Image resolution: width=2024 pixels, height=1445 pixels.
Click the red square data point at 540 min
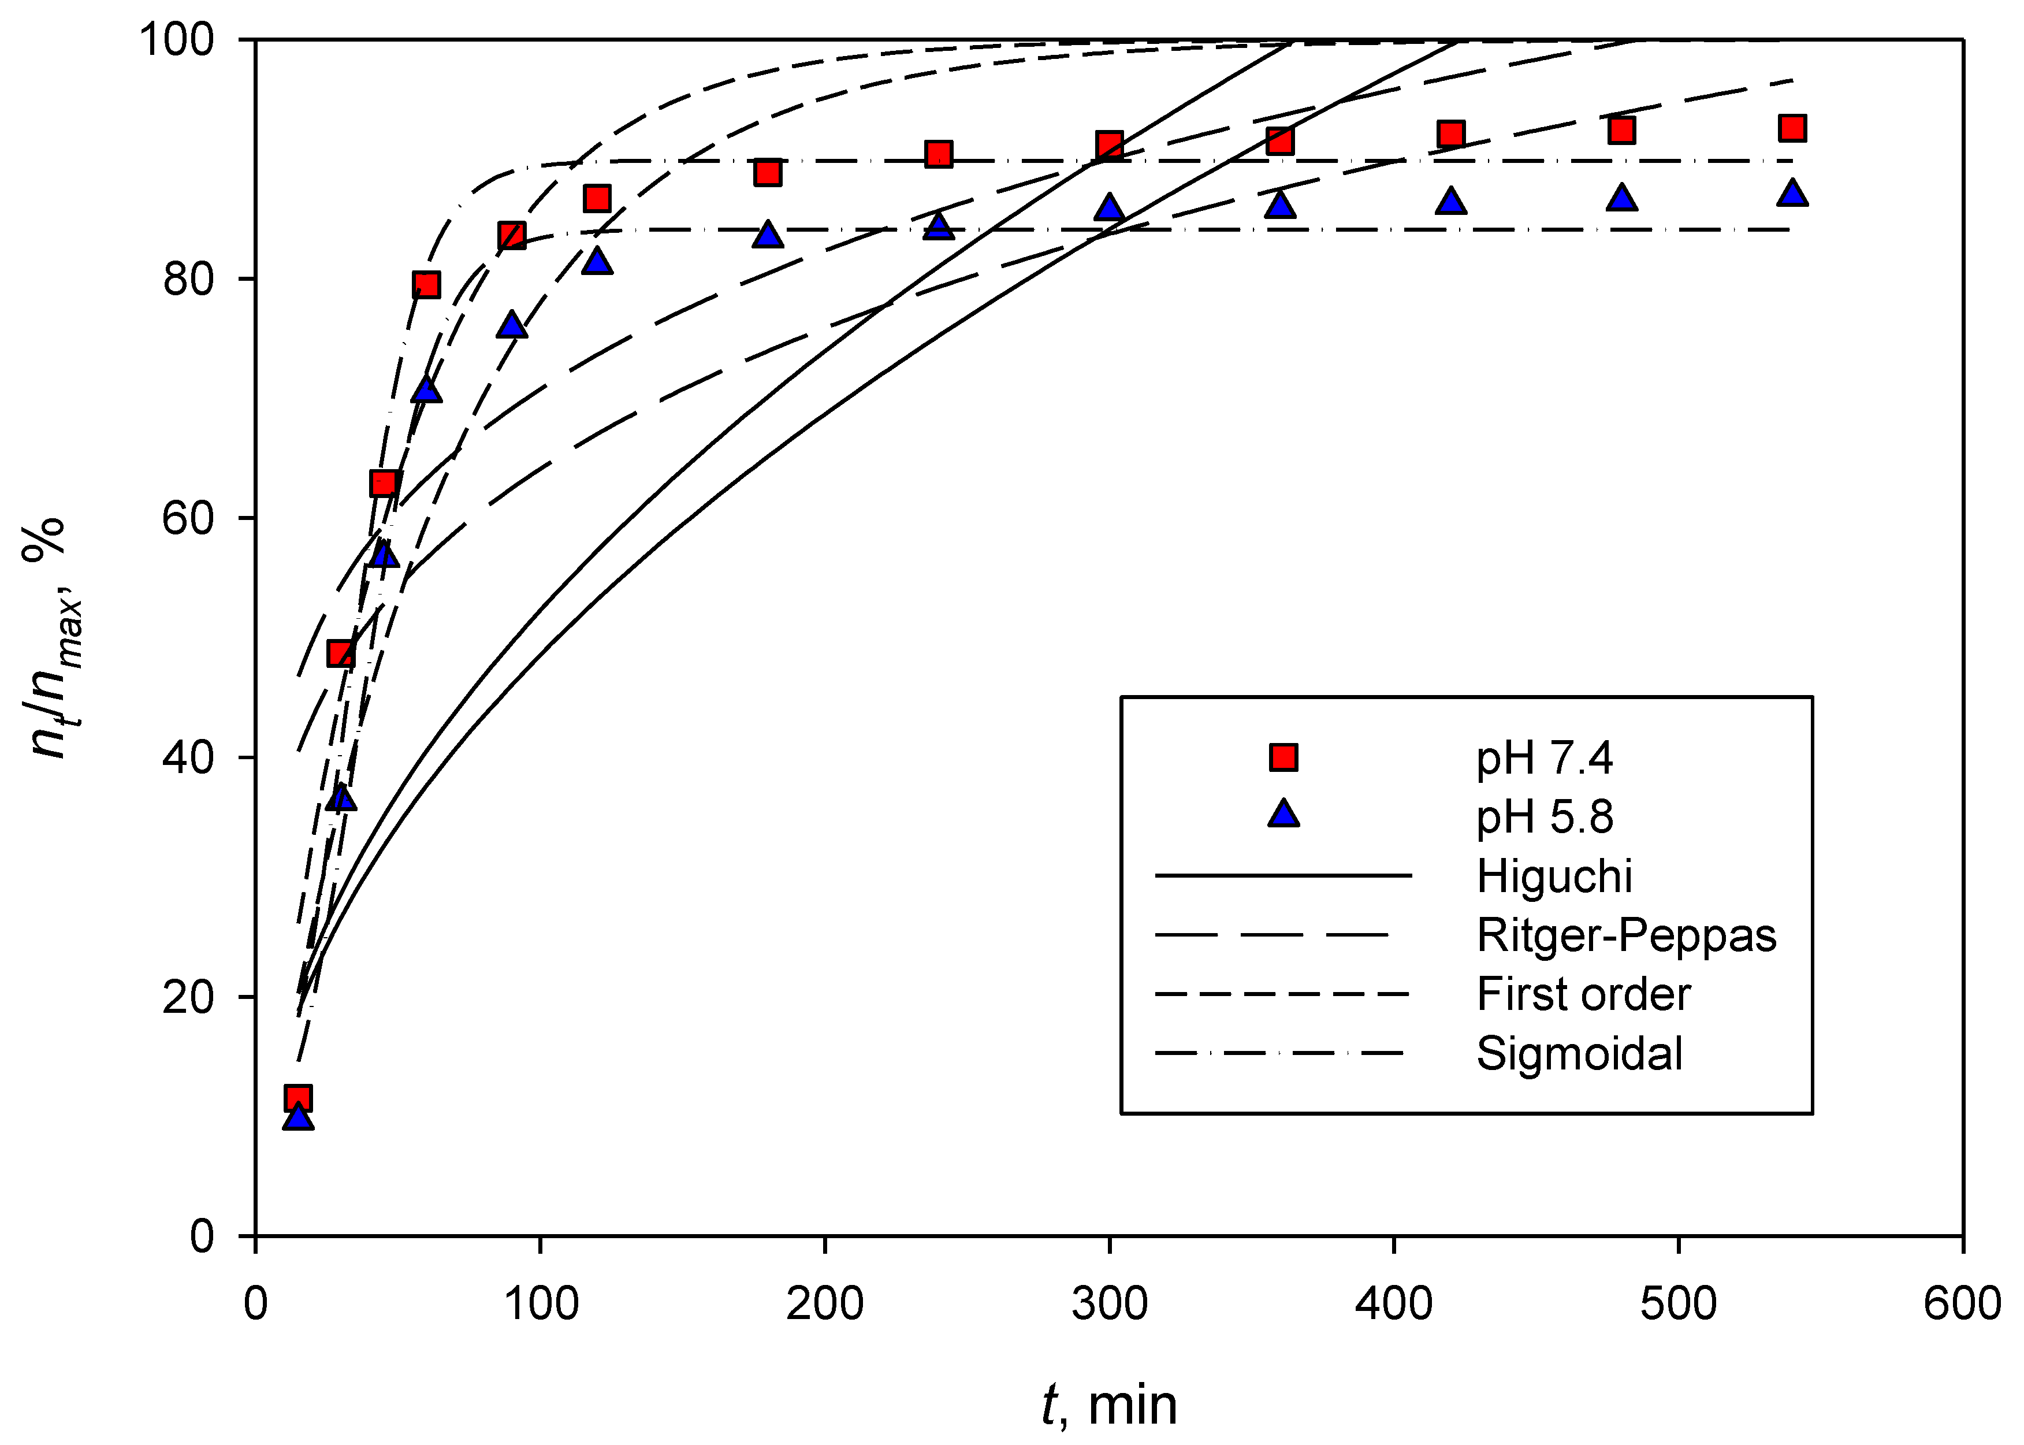click(1792, 128)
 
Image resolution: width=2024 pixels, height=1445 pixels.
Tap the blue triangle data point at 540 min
click(1792, 193)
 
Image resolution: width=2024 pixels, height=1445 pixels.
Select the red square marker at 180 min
click(768, 173)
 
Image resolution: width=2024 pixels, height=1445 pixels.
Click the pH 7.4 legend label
click(1543, 758)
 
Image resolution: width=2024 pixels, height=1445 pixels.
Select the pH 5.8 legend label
click(1543, 817)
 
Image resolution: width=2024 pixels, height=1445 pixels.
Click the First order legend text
click(1583, 994)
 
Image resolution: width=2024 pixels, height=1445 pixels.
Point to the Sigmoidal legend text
click(1579, 1053)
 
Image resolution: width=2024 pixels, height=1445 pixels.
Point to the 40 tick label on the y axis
click(189, 758)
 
